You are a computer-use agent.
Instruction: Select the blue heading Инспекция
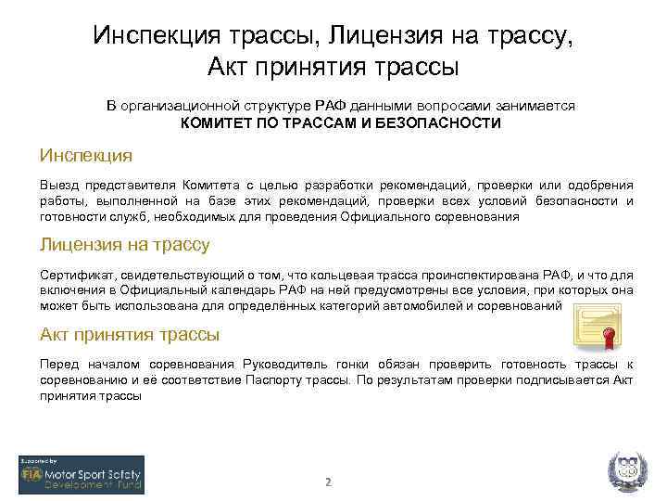(x=85, y=154)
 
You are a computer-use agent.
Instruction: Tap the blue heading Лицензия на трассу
(x=124, y=245)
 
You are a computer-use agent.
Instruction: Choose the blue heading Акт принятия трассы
(x=129, y=334)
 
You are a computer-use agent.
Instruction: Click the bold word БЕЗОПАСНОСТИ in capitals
(x=448, y=122)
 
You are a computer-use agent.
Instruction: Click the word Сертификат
(x=76, y=275)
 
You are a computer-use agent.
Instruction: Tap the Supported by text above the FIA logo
(x=39, y=460)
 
